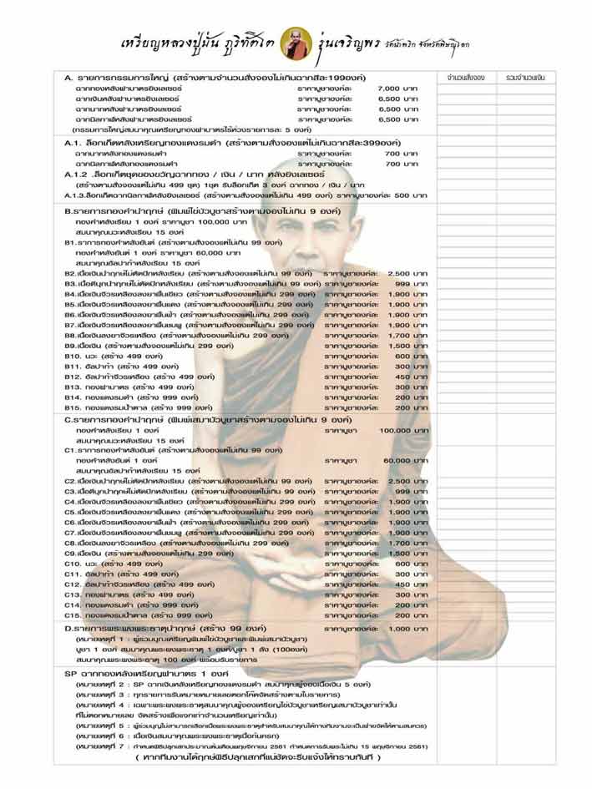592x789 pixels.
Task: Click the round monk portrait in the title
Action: click(296, 38)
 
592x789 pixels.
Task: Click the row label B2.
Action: click(70, 273)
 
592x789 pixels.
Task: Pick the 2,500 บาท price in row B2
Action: click(403, 273)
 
